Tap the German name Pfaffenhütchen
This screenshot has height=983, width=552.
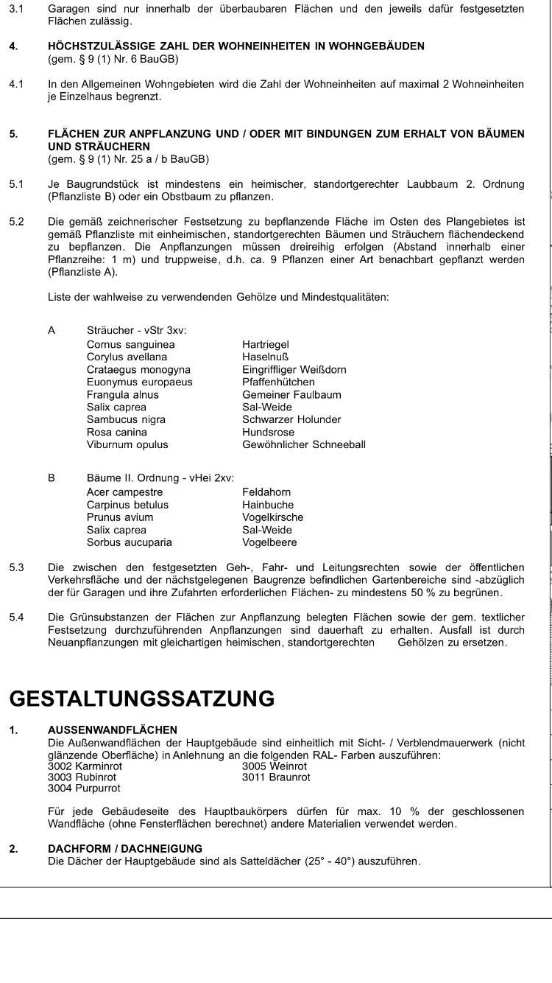[278, 382]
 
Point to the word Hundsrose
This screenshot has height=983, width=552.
[268, 432]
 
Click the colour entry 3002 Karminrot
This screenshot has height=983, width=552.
[85, 766]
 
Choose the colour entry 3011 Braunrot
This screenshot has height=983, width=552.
[276, 777]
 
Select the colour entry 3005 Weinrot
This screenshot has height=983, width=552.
[275, 766]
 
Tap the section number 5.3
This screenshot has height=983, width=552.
[16, 567]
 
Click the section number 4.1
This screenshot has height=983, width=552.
[16, 84]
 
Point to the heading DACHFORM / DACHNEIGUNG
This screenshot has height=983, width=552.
[125, 849]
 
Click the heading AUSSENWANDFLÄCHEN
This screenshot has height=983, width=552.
[113, 730]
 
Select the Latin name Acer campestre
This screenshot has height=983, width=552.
[124, 492]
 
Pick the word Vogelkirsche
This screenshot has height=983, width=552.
[272, 517]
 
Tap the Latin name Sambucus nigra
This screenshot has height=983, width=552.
[126, 419]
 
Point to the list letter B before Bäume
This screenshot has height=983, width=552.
[52, 477]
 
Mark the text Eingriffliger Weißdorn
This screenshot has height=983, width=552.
[294, 369]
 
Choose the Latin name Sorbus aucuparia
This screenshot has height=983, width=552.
[130, 542]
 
